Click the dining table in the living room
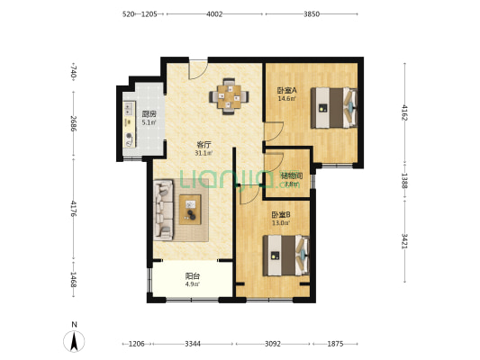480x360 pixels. click(x=229, y=96)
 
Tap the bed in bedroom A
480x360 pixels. click(x=334, y=108)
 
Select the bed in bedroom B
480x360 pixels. click(x=286, y=256)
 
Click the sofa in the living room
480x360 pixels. click(x=163, y=210)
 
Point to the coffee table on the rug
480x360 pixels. click(x=190, y=210)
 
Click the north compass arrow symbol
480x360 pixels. click(x=74, y=341)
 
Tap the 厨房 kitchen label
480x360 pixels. click(x=149, y=114)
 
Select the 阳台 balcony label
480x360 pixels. click(x=193, y=276)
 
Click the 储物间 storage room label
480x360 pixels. click(x=292, y=175)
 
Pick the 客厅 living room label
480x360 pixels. click(x=204, y=144)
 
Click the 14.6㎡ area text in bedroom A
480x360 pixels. click(x=286, y=98)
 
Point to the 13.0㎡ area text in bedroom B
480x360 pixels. click(x=281, y=222)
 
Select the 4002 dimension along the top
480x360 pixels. click(x=214, y=14)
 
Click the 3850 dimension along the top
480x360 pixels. click(x=312, y=14)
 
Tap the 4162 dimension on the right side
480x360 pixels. click(x=404, y=112)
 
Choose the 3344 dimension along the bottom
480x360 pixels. click(x=193, y=344)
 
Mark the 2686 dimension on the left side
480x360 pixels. click(x=74, y=123)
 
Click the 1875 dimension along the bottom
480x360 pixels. click(x=336, y=344)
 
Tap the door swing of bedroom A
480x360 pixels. click(x=275, y=131)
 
